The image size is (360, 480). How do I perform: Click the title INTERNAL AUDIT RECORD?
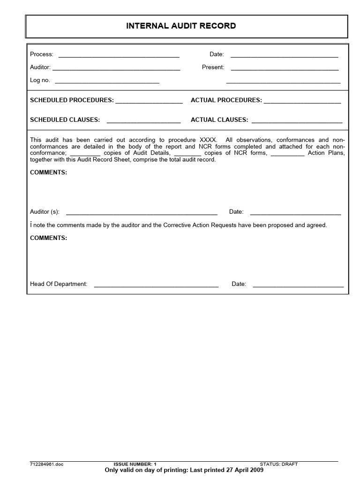click(181, 26)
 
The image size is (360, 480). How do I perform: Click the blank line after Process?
click(119, 56)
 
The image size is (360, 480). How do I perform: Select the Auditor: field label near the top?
click(40, 67)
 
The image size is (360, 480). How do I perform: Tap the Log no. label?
click(40, 80)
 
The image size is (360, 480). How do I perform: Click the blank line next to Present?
click(285, 69)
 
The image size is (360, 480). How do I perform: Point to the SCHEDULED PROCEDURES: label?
click(72, 100)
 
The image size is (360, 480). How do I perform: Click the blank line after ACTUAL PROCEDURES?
click(302, 102)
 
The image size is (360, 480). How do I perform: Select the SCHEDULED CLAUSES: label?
click(65, 120)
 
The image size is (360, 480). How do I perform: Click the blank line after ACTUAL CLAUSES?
click(297, 122)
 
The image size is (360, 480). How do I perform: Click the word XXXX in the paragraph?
click(208, 140)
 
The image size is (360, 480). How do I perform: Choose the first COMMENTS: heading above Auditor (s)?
click(49, 172)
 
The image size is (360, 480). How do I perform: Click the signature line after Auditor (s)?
click(142, 214)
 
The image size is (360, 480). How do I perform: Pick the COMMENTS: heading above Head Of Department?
click(49, 238)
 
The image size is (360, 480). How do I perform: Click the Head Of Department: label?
click(59, 284)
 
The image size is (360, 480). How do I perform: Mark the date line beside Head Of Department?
click(298, 286)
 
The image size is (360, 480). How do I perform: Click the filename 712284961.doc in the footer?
click(46, 464)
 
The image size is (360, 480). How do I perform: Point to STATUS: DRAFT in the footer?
click(279, 464)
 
